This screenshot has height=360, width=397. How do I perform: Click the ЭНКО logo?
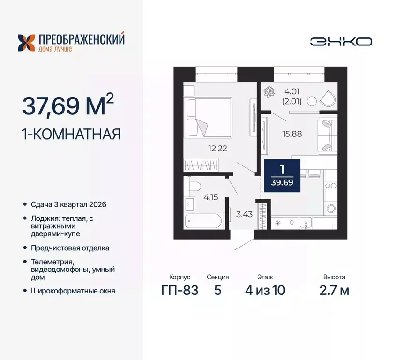pos(341,41)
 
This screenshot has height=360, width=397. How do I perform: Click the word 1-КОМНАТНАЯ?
pos(72,135)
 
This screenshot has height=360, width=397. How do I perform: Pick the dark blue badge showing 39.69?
pos(282,175)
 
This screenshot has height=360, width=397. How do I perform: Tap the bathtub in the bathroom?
pos(205,221)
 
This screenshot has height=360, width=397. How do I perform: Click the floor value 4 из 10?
pos(265,290)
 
